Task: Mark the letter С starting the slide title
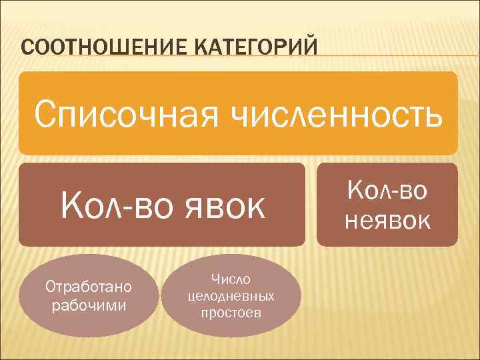click(27, 48)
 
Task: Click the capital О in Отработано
click(49, 287)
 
